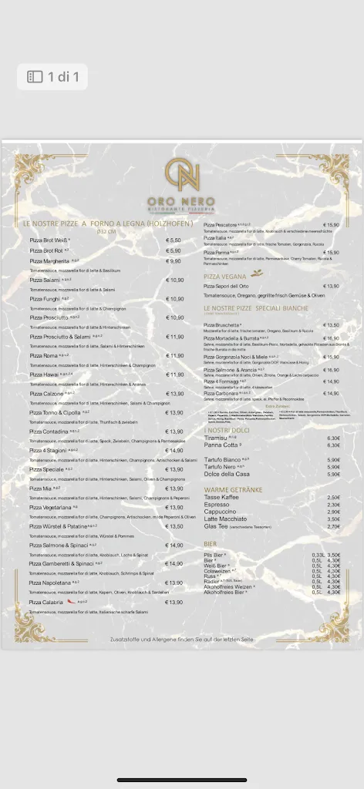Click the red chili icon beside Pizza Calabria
(71, 601)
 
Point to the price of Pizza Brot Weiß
(174, 240)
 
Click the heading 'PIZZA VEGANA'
(225, 275)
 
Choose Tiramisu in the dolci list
(217, 438)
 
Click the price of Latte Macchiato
(333, 519)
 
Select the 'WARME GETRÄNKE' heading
(233, 489)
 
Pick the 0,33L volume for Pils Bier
(318, 555)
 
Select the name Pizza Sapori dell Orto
(233, 286)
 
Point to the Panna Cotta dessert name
(221, 445)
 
